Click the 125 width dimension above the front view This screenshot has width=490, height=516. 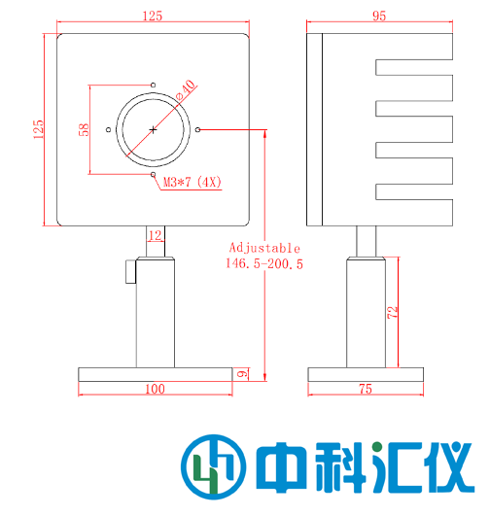[x=153, y=16]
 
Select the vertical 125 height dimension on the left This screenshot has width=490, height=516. [x=39, y=129]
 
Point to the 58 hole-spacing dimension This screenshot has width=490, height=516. [x=85, y=129]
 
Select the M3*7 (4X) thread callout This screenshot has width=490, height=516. [x=192, y=181]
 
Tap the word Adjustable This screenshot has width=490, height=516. [x=263, y=248]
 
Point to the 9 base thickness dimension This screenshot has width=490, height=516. [x=242, y=373]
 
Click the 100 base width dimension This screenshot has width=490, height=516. [x=154, y=389]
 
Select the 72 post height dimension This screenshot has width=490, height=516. [x=392, y=313]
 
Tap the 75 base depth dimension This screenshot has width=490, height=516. [x=366, y=389]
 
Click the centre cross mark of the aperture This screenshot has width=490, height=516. [x=153, y=129]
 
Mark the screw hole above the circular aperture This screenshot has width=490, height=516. [x=153, y=85]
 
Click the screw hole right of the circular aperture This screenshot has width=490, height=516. [x=197, y=129]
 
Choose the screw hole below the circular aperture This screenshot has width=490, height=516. [x=153, y=173]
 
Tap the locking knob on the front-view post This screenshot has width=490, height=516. [x=130, y=272]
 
